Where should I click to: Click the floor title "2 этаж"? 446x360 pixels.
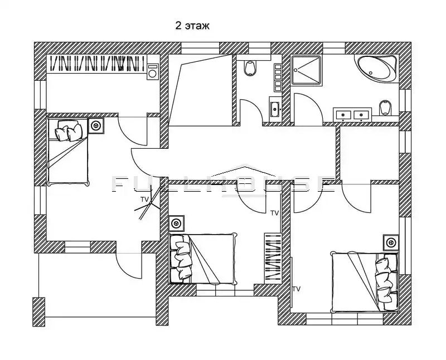click(192, 26)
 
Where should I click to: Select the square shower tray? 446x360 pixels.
click(306, 70)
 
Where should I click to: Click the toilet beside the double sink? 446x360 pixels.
click(385, 108)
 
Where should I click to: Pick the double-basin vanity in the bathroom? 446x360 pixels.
click(352, 115)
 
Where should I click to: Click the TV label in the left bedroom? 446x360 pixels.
click(144, 200)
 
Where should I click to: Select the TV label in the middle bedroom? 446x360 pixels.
click(274, 213)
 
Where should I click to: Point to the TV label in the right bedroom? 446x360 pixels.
click(297, 289)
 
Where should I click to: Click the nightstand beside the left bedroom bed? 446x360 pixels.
click(96, 125)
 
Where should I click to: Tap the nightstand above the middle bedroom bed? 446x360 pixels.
click(177, 223)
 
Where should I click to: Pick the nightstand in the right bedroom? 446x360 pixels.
click(391, 242)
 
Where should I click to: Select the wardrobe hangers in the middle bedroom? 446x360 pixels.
click(273, 258)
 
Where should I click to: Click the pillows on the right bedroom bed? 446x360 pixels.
click(386, 281)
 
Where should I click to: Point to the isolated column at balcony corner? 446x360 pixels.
click(38, 312)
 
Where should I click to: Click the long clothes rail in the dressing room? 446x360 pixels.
click(97, 64)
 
